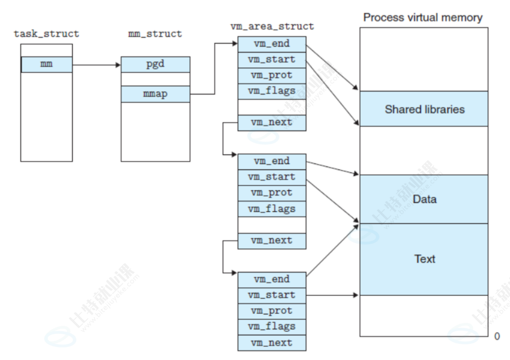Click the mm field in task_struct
[x=47, y=65]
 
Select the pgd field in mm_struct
[x=155, y=65]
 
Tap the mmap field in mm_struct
[x=155, y=94]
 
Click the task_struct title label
[x=46, y=34]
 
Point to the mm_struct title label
[x=155, y=34]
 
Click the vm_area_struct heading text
[x=272, y=27]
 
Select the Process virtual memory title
[x=423, y=18]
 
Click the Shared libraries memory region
[x=424, y=109]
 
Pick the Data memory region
[x=424, y=199]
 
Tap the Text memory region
[x=424, y=259]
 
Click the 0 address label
[x=497, y=336]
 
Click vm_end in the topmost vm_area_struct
[x=272, y=45]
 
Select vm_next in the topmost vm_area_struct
[x=272, y=123]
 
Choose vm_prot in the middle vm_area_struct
[x=272, y=193]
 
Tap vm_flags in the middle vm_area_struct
[x=272, y=209]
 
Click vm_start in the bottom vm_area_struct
[x=272, y=296]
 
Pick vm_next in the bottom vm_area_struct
[x=272, y=343]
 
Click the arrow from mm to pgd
[x=97, y=65]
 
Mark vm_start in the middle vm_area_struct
[x=272, y=177]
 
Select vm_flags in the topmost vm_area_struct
[x=272, y=91]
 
